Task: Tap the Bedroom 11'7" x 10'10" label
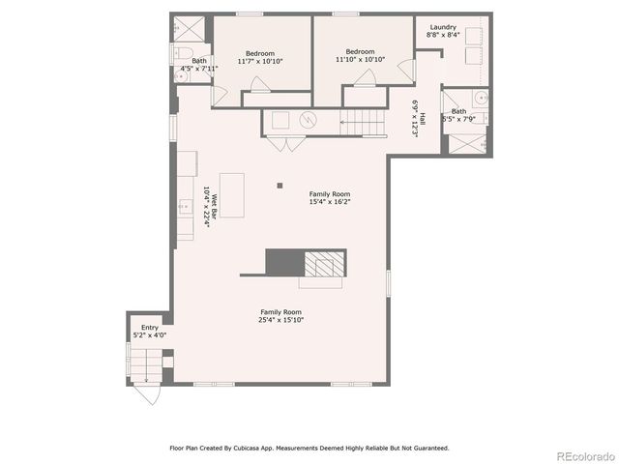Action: (259, 56)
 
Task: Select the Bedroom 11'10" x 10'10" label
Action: (360, 55)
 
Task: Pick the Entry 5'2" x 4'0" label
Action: (149, 331)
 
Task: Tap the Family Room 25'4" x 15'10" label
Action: (280, 315)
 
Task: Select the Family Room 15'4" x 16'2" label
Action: (330, 197)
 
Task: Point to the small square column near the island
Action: (280, 185)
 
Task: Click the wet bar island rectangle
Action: (232, 194)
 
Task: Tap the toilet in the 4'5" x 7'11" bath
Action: (187, 53)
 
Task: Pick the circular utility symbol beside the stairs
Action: (309, 121)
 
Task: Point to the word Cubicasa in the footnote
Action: (256, 448)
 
